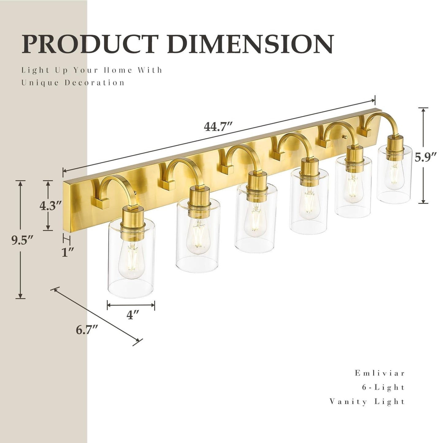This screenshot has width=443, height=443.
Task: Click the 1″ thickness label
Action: click(x=67, y=252)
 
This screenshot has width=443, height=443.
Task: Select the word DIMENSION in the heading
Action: click(x=250, y=44)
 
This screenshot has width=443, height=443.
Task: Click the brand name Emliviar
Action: click(x=380, y=373)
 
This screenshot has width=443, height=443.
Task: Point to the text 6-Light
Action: click(x=383, y=387)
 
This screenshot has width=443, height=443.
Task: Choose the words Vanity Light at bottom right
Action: click(x=367, y=401)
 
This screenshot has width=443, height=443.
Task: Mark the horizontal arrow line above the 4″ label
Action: click(x=131, y=305)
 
